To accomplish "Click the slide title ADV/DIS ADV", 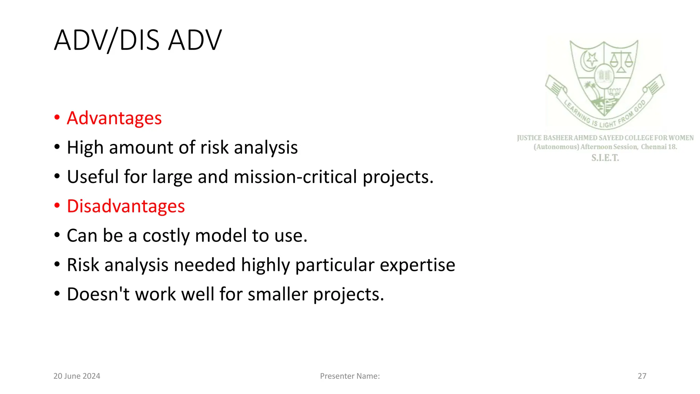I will tap(138, 40).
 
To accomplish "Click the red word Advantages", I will tap(114, 118).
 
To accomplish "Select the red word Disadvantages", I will tap(126, 206).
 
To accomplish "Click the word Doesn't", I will tap(98, 294).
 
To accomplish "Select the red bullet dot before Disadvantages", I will tap(57, 206).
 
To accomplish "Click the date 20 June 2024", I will tap(77, 376).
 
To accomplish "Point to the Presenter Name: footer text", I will tap(350, 376).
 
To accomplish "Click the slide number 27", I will tap(642, 376).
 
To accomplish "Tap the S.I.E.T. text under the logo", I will tap(605, 158).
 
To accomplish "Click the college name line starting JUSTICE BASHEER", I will tap(605, 138).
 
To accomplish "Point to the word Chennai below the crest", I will tap(654, 147).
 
